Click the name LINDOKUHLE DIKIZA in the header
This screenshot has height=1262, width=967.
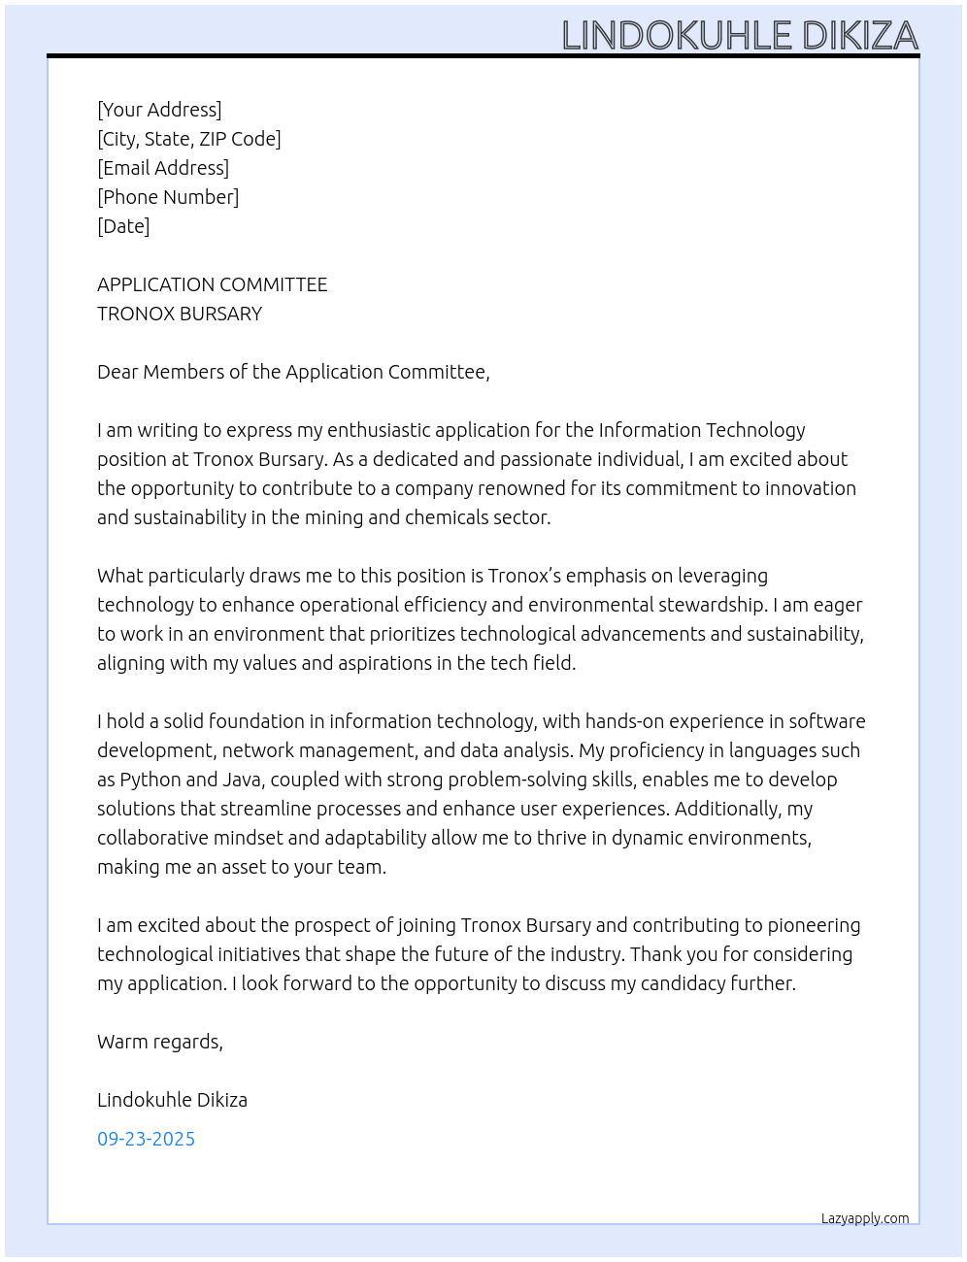tap(740, 36)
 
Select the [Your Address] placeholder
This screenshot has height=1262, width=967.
tap(159, 110)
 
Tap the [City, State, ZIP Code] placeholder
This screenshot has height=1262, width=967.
tap(189, 139)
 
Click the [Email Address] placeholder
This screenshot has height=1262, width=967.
tap(163, 168)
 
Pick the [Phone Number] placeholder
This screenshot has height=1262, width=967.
tap(168, 197)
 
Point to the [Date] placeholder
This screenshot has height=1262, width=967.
tap(123, 226)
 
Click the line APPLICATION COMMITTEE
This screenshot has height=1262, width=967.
tap(212, 284)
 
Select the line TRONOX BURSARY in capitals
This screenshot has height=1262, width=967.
tap(180, 314)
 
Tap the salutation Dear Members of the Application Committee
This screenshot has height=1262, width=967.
tap(293, 372)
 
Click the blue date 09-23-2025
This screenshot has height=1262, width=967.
tap(146, 1139)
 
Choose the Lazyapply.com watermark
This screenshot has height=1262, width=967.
tap(865, 1218)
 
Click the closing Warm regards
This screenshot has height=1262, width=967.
tap(159, 1042)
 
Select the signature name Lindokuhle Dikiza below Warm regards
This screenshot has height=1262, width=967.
tap(172, 1100)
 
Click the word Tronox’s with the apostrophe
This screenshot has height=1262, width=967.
tap(524, 576)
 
